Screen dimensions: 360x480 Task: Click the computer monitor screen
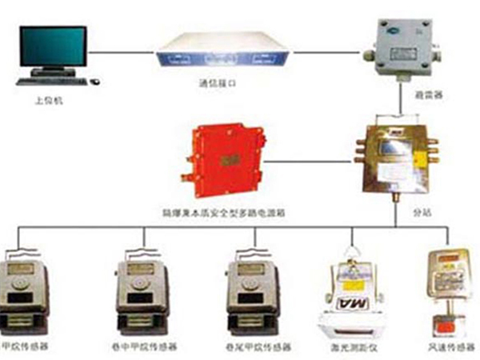(x=54, y=47)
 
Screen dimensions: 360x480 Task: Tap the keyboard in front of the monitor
(x=57, y=81)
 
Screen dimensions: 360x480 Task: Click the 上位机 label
(x=44, y=102)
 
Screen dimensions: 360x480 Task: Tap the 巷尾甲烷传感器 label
(x=251, y=349)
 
